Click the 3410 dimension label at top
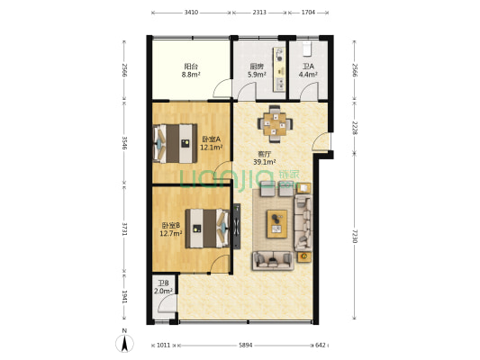pyautogui.click(x=191, y=13)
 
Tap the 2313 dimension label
pyautogui.click(x=259, y=13)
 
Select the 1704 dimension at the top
pyautogui.click(x=308, y=13)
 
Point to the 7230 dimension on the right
pyautogui.click(x=355, y=236)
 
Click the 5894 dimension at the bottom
pyautogui.click(x=246, y=346)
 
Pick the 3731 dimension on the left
pyautogui.click(x=124, y=229)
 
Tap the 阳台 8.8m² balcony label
pyautogui.click(x=191, y=70)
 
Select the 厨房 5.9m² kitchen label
pyautogui.click(x=257, y=70)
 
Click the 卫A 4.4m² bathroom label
pyautogui.click(x=308, y=70)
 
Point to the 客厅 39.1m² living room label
pyautogui.click(x=265, y=158)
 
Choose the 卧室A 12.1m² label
pyautogui.click(x=212, y=143)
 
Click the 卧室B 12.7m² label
pyautogui.click(x=171, y=229)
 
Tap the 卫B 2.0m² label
pyautogui.click(x=163, y=287)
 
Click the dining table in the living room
pyautogui.click(x=275, y=124)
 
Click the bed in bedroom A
pyautogui.click(x=175, y=143)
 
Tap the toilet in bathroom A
pyautogui.click(x=307, y=49)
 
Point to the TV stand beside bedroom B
pyautogui.click(x=237, y=226)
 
